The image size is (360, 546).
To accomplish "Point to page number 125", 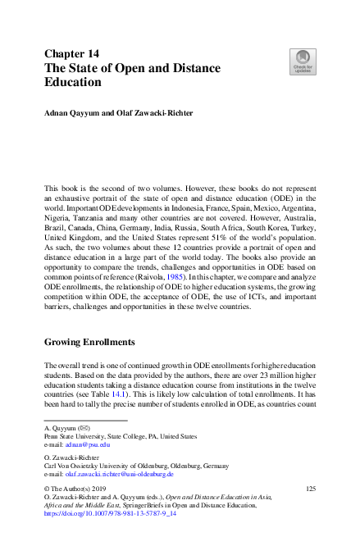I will [x=311, y=489].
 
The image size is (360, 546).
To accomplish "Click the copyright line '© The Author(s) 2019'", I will [x=78, y=489].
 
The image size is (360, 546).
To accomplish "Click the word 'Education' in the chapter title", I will [x=73, y=82].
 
